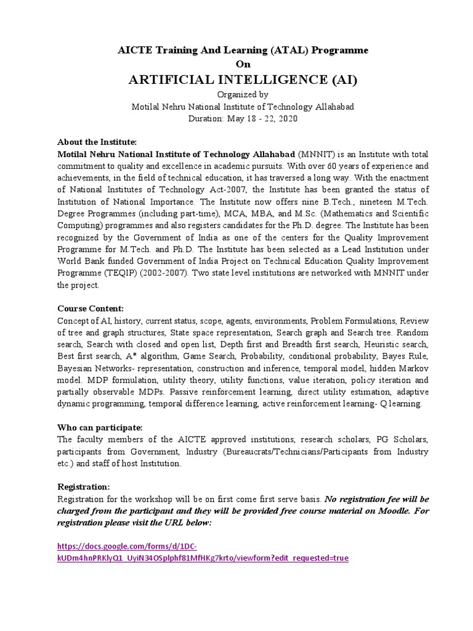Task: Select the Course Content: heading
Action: [90, 308]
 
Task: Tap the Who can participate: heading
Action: [99, 427]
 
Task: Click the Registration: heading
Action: [83, 486]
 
